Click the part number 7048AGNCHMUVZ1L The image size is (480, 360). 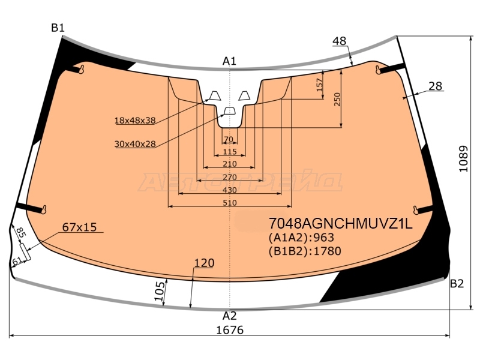[x=340, y=224]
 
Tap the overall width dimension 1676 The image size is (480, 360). [x=230, y=330]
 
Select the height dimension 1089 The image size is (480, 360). [x=463, y=159]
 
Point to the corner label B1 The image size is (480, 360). [x=58, y=28]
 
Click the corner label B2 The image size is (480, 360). [x=457, y=284]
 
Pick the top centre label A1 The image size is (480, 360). [x=229, y=61]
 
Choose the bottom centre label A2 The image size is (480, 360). [x=230, y=316]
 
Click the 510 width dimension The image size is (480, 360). [x=230, y=203]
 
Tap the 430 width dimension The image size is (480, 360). [x=230, y=190]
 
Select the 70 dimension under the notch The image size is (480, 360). [x=229, y=140]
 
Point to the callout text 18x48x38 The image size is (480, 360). [x=135, y=121]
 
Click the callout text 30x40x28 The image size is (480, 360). [x=135, y=143]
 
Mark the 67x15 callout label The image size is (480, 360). [x=79, y=227]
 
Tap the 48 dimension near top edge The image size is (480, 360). [x=339, y=41]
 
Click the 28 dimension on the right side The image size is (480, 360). [x=436, y=86]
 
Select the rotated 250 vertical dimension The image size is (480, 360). [x=337, y=100]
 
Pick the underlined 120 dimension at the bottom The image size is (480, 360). [x=204, y=263]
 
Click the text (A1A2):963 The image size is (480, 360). [x=301, y=238]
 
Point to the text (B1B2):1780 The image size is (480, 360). [x=305, y=251]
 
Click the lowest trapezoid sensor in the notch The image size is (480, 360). [x=230, y=111]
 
